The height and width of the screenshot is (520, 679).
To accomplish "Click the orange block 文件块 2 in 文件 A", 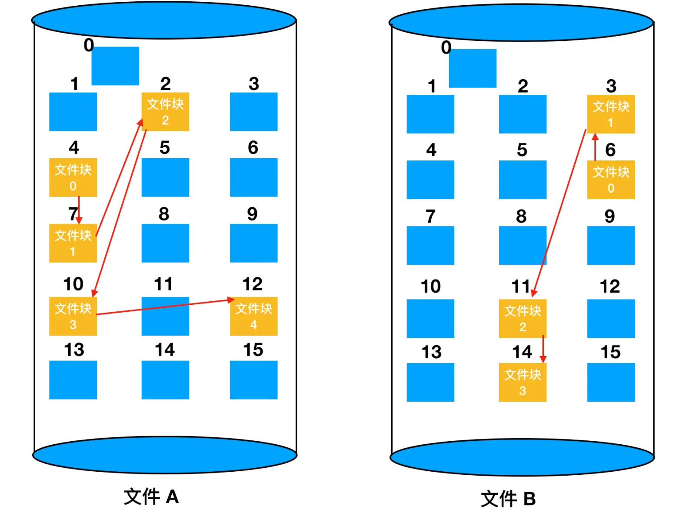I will [x=165, y=111].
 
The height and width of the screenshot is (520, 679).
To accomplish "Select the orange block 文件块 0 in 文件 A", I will [x=73, y=177].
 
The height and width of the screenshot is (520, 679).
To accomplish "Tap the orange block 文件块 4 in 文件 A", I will [x=253, y=316].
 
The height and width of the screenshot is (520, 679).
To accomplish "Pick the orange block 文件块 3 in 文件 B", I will [x=523, y=382].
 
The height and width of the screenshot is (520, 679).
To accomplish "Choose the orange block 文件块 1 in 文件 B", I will [x=611, y=114].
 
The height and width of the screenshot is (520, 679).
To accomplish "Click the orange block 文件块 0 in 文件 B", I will [x=611, y=180].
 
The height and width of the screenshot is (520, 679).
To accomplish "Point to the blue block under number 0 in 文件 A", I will [x=115, y=66].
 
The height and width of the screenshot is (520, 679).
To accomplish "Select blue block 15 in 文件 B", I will [x=611, y=382].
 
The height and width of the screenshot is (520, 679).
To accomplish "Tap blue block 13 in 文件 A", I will [x=73, y=380].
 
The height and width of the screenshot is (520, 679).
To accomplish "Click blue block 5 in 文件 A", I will [x=165, y=177].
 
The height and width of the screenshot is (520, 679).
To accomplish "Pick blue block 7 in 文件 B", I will [x=430, y=245].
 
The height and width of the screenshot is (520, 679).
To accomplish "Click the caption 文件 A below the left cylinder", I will [x=151, y=497].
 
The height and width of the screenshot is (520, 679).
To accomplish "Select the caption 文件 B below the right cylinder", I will [x=508, y=499].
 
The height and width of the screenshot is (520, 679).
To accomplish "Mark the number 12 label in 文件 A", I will [x=253, y=284].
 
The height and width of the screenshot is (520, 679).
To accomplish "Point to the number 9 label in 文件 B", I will [x=609, y=216].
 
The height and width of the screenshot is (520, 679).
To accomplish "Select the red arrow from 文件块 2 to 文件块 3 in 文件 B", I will [x=543, y=349].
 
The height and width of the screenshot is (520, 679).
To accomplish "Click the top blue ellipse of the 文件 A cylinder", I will [x=164, y=20].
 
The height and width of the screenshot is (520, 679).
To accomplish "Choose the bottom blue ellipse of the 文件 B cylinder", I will [x=522, y=457].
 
